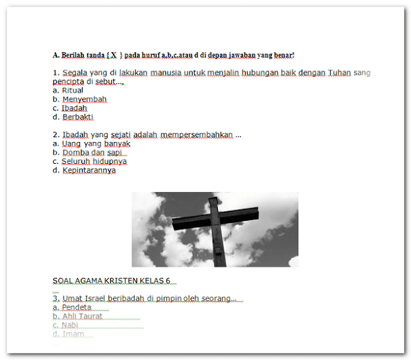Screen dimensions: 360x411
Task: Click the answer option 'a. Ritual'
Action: (68, 91)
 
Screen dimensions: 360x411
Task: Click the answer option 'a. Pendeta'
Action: (72, 307)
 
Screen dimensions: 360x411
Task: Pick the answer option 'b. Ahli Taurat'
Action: (77, 316)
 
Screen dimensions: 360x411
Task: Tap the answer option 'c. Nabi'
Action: (65, 326)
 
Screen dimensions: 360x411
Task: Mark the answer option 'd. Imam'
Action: (68, 334)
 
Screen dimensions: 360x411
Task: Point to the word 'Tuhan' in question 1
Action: (339, 72)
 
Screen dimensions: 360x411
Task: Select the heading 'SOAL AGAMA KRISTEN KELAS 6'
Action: (111, 281)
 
